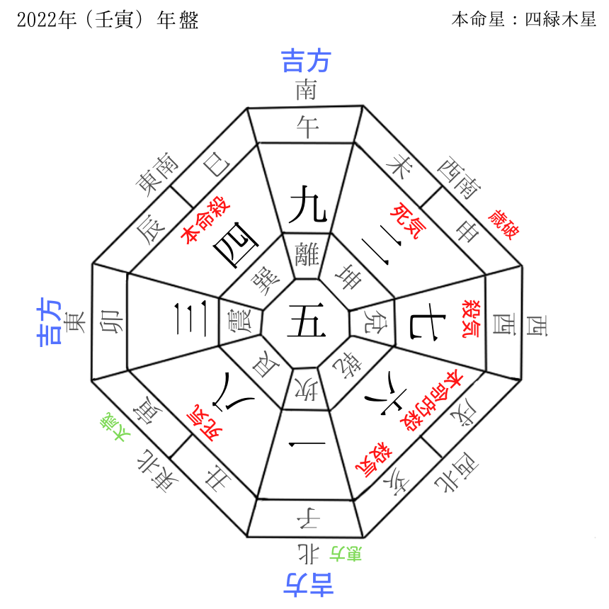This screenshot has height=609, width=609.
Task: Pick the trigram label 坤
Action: (x=350, y=277)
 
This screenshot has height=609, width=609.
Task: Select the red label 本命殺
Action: (x=198, y=226)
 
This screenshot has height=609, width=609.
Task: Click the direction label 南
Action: (x=306, y=89)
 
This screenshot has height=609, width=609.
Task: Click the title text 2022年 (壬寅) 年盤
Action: (x=107, y=19)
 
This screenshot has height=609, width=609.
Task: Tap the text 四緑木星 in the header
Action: (x=560, y=19)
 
